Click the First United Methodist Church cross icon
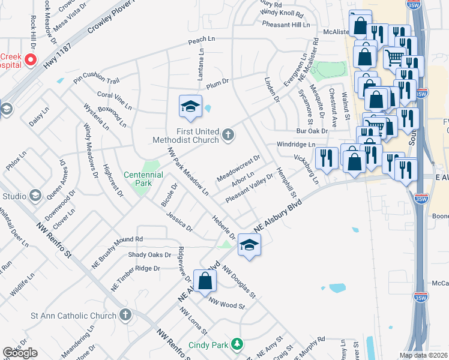(x=228, y=135)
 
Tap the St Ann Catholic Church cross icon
(x=125, y=314)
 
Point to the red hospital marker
(x=31, y=60)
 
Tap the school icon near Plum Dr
(x=190, y=107)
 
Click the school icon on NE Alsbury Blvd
(x=249, y=245)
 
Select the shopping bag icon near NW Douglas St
(x=205, y=281)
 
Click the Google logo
(x=20, y=353)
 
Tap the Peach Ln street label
(x=201, y=39)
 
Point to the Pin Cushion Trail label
(x=97, y=80)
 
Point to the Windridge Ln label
(x=295, y=145)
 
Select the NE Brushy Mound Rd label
(x=117, y=239)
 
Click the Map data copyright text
(x=423, y=355)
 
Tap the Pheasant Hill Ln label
(x=286, y=25)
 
